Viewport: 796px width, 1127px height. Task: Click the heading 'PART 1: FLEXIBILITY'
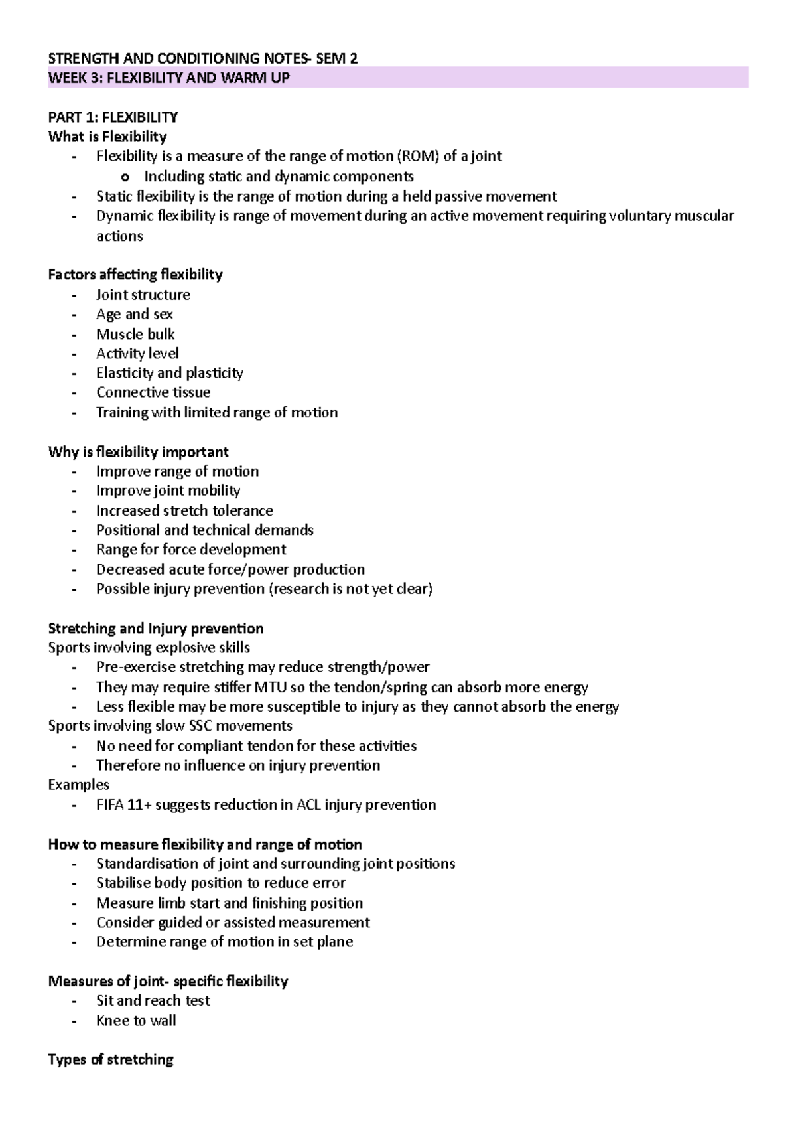(x=113, y=117)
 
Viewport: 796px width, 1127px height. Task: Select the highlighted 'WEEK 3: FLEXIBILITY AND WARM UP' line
(x=168, y=78)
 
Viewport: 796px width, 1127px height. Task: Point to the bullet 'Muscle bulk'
(x=135, y=334)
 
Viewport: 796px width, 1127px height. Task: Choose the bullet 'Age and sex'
(x=135, y=314)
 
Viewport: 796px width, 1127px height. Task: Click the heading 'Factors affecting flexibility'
(x=135, y=275)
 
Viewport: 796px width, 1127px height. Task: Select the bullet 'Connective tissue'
(x=153, y=392)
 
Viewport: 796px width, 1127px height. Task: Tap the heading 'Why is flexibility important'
(x=138, y=452)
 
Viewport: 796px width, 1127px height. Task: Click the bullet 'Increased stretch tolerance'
(x=184, y=510)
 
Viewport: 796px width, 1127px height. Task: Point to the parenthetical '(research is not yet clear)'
(x=350, y=589)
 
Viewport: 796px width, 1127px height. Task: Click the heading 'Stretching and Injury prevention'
(x=155, y=628)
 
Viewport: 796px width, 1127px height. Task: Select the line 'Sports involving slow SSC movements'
(x=170, y=726)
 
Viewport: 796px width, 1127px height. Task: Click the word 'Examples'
(x=78, y=785)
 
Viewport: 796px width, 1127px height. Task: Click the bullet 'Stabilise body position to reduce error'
(x=220, y=883)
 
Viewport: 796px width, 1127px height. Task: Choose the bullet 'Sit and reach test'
(x=153, y=1000)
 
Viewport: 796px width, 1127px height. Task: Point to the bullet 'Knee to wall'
(x=136, y=1020)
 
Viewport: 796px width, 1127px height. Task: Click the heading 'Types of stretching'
(x=110, y=1059)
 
